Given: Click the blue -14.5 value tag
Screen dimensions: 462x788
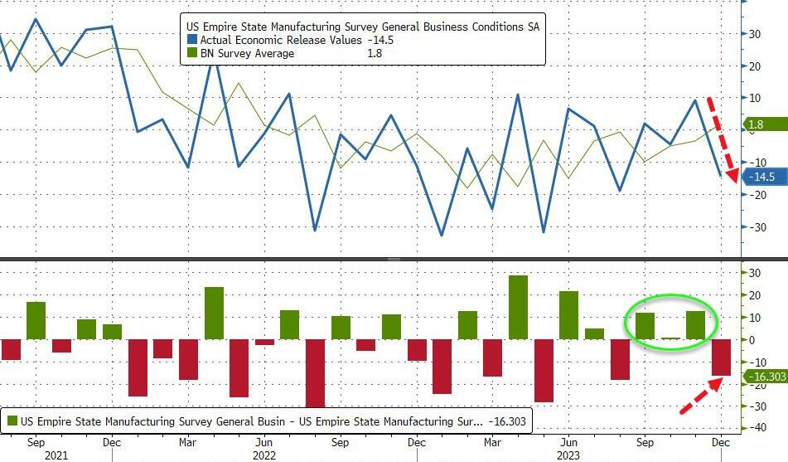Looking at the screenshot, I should (761, 177).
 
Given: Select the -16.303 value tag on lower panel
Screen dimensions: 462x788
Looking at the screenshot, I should (764, 377).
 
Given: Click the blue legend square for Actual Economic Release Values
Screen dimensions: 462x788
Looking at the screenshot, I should (192, 40).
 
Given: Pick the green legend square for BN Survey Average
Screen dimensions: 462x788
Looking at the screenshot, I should (192, 54).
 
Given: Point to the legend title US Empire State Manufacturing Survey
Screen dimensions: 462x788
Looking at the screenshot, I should (364, 27).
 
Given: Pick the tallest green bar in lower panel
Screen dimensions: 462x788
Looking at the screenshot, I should (518, 307).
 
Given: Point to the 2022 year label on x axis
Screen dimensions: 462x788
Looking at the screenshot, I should (263, 455).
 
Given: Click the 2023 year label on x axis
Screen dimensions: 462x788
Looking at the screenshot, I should (568, 455).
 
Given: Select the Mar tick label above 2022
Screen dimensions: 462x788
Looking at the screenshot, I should (188, 443).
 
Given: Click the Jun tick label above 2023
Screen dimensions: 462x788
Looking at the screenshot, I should (568, 443).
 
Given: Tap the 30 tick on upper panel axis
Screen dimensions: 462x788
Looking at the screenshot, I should (756, 34).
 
